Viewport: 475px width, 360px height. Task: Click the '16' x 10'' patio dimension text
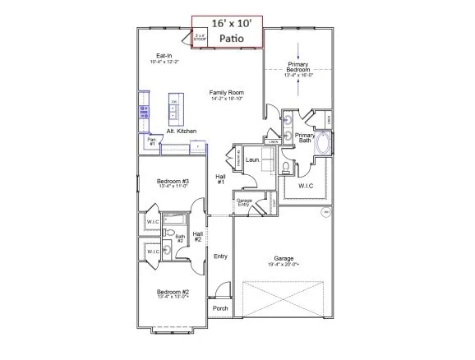[227, 24]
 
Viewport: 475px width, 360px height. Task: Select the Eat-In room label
[164, 57]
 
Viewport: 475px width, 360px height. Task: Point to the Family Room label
[227, 93]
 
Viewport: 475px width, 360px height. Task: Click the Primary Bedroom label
[297, 67]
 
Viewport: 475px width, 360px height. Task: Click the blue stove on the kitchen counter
[144, 110]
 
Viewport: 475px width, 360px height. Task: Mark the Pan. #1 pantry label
[151, 141]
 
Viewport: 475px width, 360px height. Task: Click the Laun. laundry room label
[252, 150]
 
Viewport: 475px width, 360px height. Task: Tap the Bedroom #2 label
[173, 293]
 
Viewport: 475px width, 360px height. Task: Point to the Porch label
[220, 308]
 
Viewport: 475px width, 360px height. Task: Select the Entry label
[220, 256]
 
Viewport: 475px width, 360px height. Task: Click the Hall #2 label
[198, 237]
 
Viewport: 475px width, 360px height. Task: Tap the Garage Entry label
[244, 202]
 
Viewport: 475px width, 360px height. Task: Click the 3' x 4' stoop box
[200, 37]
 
